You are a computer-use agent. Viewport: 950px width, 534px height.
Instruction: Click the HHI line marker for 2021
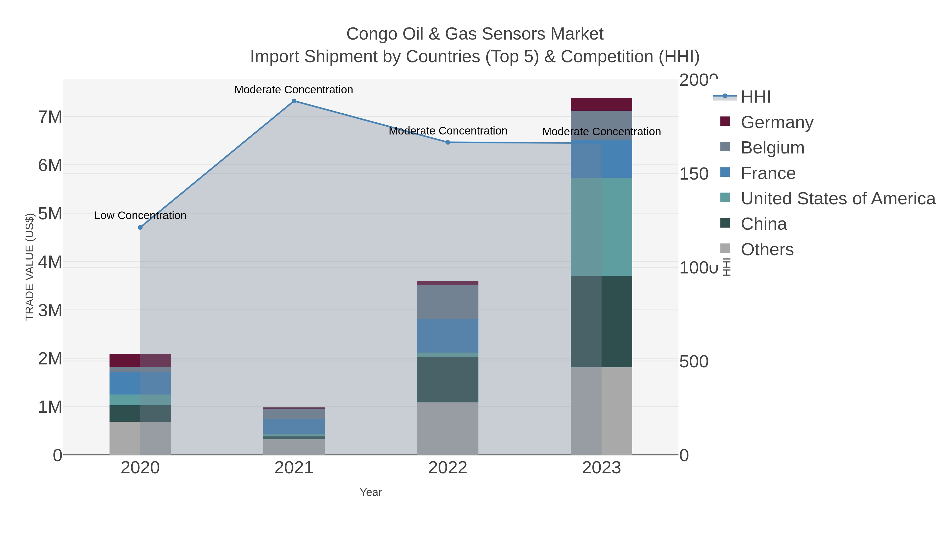pos(294,101)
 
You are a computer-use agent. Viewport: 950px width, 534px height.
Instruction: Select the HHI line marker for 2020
pos(140,227)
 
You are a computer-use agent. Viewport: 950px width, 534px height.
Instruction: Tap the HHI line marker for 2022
pos(448,142)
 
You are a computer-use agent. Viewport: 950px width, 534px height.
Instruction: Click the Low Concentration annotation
pos(140,216)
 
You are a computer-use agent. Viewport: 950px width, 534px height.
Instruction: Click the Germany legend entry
pos(777,122)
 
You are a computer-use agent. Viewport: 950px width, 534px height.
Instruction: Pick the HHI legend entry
pos(755,97)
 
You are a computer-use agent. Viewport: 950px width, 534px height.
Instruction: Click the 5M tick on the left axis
pos(50,214)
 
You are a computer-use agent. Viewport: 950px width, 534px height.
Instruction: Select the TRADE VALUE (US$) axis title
pos(30,267)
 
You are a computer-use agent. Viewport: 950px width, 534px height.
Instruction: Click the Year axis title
pos(371,492)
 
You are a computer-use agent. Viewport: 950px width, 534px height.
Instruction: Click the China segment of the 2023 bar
pos(601,321)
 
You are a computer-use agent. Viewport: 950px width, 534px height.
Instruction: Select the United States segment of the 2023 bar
pos(601,227)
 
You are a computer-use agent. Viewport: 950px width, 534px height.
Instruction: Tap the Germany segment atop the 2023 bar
pos(601,104)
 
